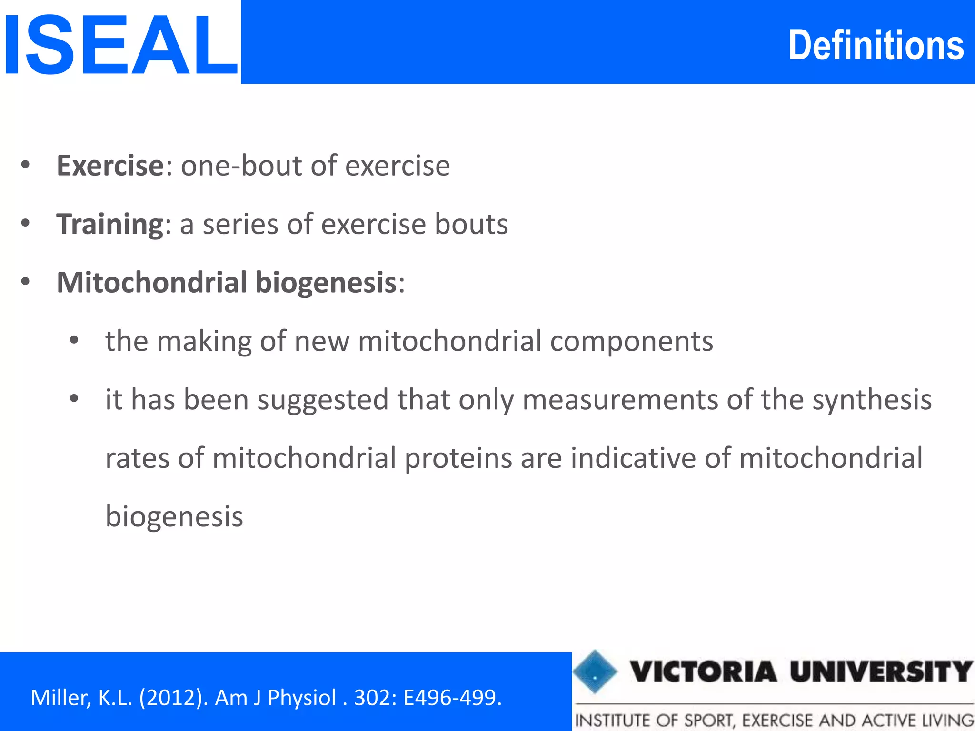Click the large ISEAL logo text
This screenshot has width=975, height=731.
click(120, 46)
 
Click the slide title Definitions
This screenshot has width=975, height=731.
click(876, 46)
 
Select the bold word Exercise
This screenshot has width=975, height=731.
click(110, 166)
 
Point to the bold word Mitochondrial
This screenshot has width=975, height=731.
click(152, 282)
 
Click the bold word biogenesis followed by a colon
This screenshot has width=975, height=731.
click(327, 283)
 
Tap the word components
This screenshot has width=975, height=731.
click(631, 342)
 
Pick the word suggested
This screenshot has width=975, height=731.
click(323, 400)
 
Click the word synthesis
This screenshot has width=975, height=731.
click(872, 400)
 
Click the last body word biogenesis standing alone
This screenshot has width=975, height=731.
click(174, 517)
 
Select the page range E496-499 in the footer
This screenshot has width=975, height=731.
click(452, 698)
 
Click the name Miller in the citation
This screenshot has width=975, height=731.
click(60, 698)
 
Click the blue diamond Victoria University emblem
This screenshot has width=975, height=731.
click(595, 672)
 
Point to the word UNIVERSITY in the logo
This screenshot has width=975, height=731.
click(881, 672)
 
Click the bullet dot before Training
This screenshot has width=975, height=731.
click(26, 223)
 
